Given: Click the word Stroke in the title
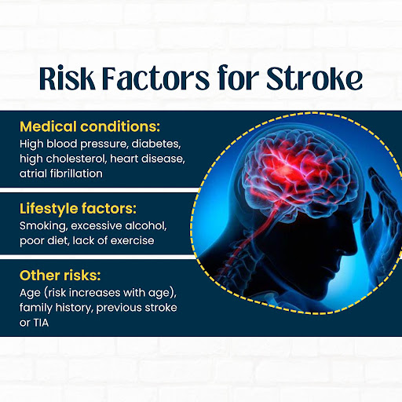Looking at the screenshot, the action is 314,79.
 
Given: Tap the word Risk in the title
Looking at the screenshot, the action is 68,78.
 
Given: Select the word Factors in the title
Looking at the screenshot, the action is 155,79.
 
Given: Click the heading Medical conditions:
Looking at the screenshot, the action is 90,126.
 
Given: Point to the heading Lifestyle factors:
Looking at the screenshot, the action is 78,209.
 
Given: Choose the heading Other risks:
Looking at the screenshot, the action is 60,276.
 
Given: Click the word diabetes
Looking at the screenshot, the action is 156,144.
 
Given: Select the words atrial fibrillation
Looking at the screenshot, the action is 61,174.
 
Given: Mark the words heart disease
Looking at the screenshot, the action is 148,159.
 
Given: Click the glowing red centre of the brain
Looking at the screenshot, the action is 284,170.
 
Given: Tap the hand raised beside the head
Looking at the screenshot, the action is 381,217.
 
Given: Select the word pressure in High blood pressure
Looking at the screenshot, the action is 104,144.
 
